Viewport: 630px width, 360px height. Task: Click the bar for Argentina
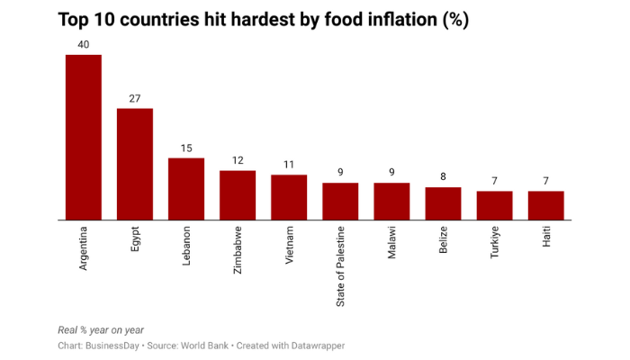(83, 137)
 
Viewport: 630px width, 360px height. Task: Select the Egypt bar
(135, 164)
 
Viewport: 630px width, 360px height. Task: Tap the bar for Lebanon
(186, 189)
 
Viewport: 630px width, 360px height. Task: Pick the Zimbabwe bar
(238, 194)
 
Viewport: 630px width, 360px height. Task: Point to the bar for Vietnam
(289, 197)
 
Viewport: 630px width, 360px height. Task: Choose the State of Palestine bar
(340, 201)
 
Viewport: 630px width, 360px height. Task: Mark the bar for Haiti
(545, 205)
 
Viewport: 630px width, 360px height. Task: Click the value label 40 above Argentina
(83, 44)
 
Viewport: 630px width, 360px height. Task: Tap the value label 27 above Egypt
(135, 98)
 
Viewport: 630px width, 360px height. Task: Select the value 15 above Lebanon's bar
(186, 148)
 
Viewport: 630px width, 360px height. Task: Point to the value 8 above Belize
(443, 176)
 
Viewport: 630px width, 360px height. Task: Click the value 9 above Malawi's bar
(391, 172)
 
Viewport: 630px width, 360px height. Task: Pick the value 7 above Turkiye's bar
(494, 181)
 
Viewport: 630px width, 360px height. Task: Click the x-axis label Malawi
(391, 243)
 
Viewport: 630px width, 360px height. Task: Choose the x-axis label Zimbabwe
(238, 249)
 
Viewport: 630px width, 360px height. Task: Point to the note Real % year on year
(101, 329)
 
